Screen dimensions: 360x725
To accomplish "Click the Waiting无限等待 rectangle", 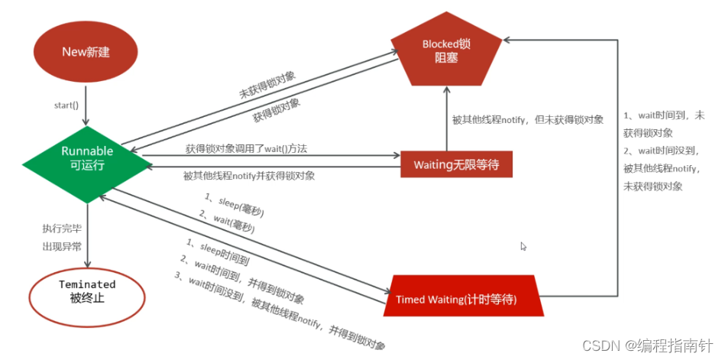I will tap(456, 164).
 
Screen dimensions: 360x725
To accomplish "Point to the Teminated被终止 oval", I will tap(87, 290).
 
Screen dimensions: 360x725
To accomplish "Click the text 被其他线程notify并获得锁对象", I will tap(249, 176).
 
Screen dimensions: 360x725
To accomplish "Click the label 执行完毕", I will tap(61, 229).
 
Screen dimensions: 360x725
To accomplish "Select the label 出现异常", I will tap(61, 246).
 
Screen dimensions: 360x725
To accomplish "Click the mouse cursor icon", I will tap(524, 246).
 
